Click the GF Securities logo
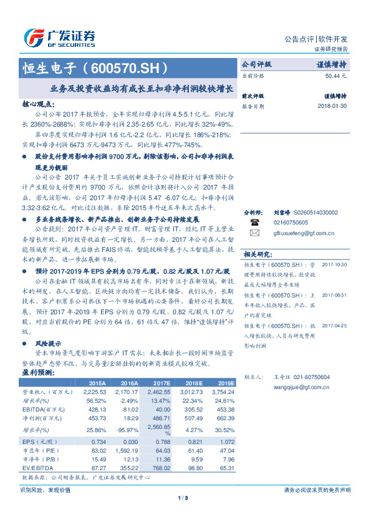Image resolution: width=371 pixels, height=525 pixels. [60, 37]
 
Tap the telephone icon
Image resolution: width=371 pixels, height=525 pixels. [254, 222]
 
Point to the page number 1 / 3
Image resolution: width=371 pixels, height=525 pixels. [183, 498]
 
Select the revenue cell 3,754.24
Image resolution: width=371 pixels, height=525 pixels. [221, 392]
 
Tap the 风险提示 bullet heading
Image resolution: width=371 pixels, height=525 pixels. [48, 344]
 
